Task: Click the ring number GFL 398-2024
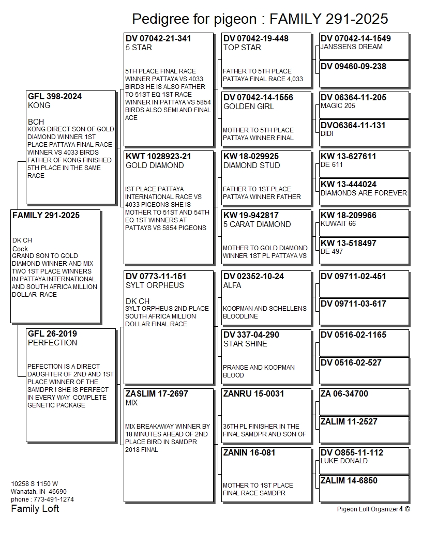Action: (54, 96)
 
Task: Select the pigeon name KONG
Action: (39, 105)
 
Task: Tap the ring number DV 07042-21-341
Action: (158, 38)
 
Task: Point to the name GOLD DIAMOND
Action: (155, 165)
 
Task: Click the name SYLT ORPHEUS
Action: (155, 285)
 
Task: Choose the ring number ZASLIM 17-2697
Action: (157, 393)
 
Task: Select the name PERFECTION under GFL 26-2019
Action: (52, 343)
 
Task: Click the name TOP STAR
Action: (242, 48)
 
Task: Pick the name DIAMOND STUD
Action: (251, 165)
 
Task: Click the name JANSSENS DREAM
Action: (352, 47)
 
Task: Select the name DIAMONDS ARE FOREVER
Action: (364, 193)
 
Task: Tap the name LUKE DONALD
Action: (344, 461)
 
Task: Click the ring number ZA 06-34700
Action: (344, 393)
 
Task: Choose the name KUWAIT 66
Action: (338, 223)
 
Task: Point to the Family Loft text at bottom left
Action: (35, 509)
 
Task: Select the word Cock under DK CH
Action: (20, 249)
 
